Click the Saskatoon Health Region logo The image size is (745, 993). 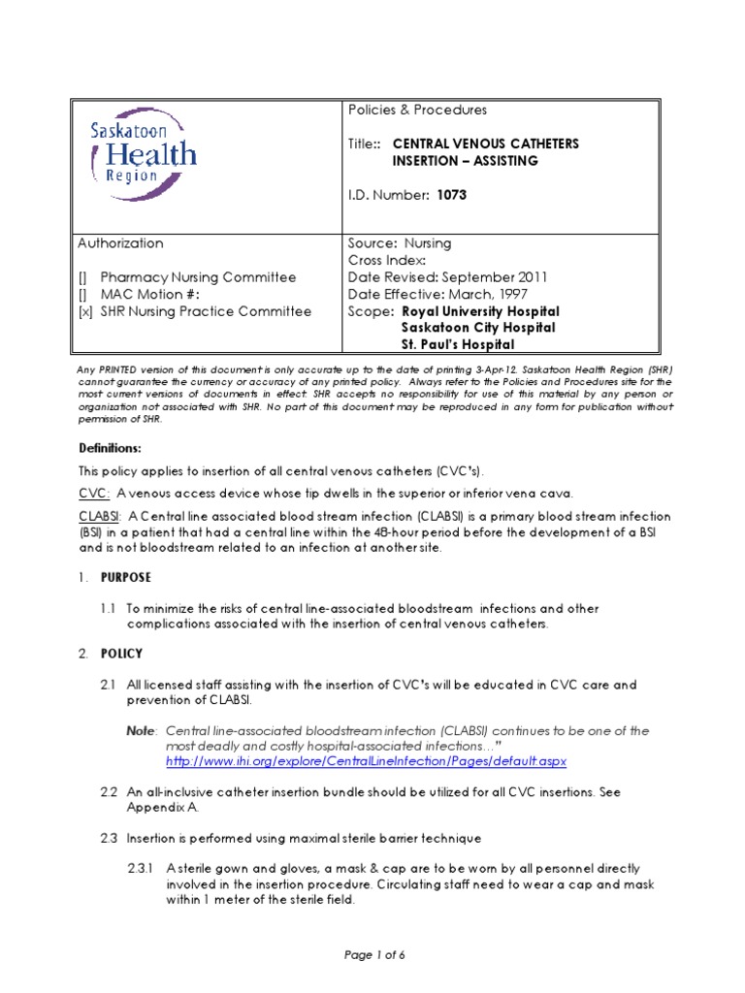tap(144, 156)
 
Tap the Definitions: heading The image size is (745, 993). tap(110, 448)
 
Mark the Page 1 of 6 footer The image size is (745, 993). tap(373, 954)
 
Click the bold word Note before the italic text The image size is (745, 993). tap(143, 731)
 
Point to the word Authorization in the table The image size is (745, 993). tap(120, 243)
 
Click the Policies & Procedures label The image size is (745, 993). tap(418, 111)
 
